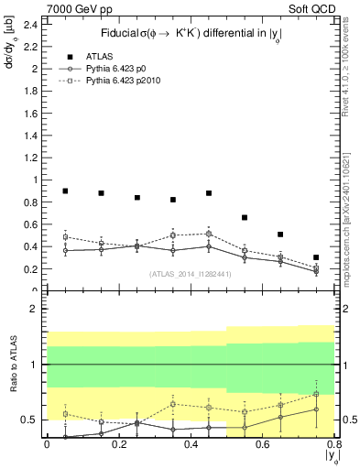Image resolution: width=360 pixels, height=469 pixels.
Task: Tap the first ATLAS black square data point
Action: coord(65,191)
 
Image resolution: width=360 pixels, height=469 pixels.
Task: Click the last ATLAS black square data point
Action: coord(316,257)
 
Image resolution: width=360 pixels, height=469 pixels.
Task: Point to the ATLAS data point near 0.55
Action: coord(245,217)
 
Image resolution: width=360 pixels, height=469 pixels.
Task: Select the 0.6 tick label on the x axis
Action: coord(262,444)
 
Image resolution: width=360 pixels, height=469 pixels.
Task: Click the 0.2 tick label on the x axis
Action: coord(118,444)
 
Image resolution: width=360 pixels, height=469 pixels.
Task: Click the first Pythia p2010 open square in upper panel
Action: coord(65,236)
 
